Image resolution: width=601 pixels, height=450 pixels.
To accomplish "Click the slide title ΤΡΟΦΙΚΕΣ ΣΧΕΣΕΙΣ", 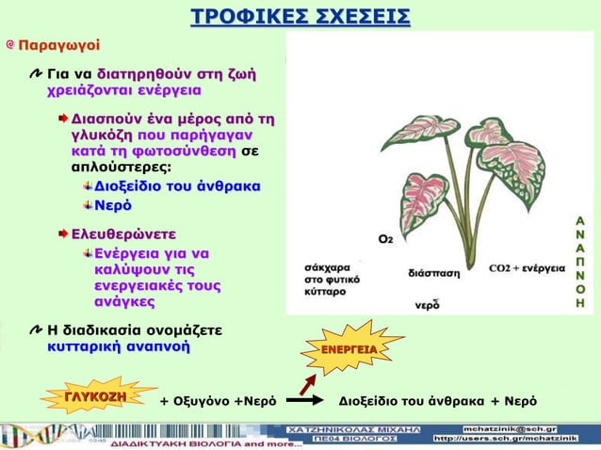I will point(300,17).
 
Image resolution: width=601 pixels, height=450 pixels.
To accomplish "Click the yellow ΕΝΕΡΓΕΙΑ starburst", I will point(349,350).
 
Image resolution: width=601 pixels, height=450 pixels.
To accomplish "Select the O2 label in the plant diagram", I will point(385,240).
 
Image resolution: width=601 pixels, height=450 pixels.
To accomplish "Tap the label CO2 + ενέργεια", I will point(527,267).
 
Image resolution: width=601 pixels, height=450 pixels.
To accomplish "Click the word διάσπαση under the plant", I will point(434,273).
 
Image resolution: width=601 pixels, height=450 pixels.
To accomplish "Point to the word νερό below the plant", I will point(428,304).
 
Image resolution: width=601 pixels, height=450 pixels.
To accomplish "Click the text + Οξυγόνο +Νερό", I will point(217,400).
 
